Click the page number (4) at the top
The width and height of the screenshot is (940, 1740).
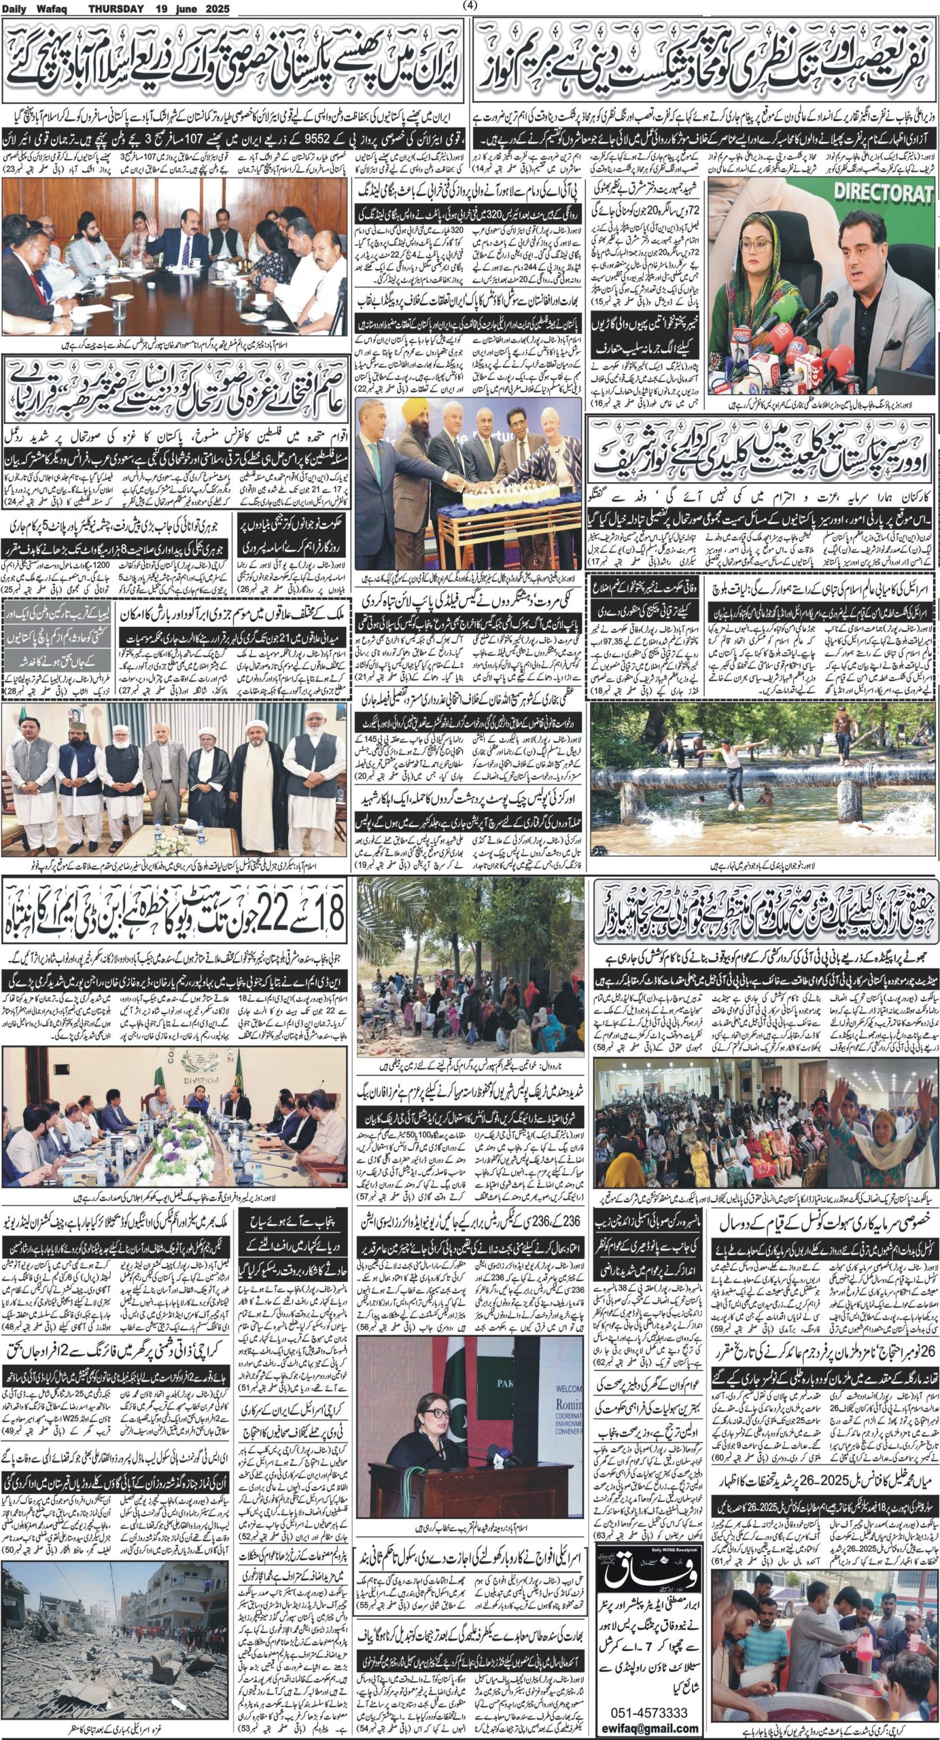pos(470,6)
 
